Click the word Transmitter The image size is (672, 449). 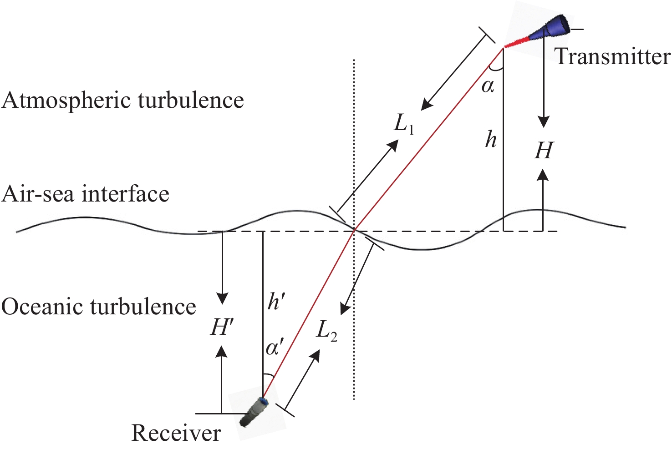click(x=612, y=57)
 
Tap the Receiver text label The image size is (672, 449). click(x=176, y=433)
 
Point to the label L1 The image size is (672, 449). click(x=404, y=123)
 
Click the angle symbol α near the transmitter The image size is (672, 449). click(x=488, y=86)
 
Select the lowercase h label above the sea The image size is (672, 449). click(x=491, y=139)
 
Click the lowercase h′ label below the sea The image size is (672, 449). click(x=276, y=301)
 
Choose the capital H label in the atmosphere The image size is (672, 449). click(x=544, y=151)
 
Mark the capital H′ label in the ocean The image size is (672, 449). click(x=222, y=327)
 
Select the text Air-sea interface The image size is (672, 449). click(x=85, y=194)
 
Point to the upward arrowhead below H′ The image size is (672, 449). click(x=222, y=351)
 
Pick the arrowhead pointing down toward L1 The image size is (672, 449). click(x=427, y=105)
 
